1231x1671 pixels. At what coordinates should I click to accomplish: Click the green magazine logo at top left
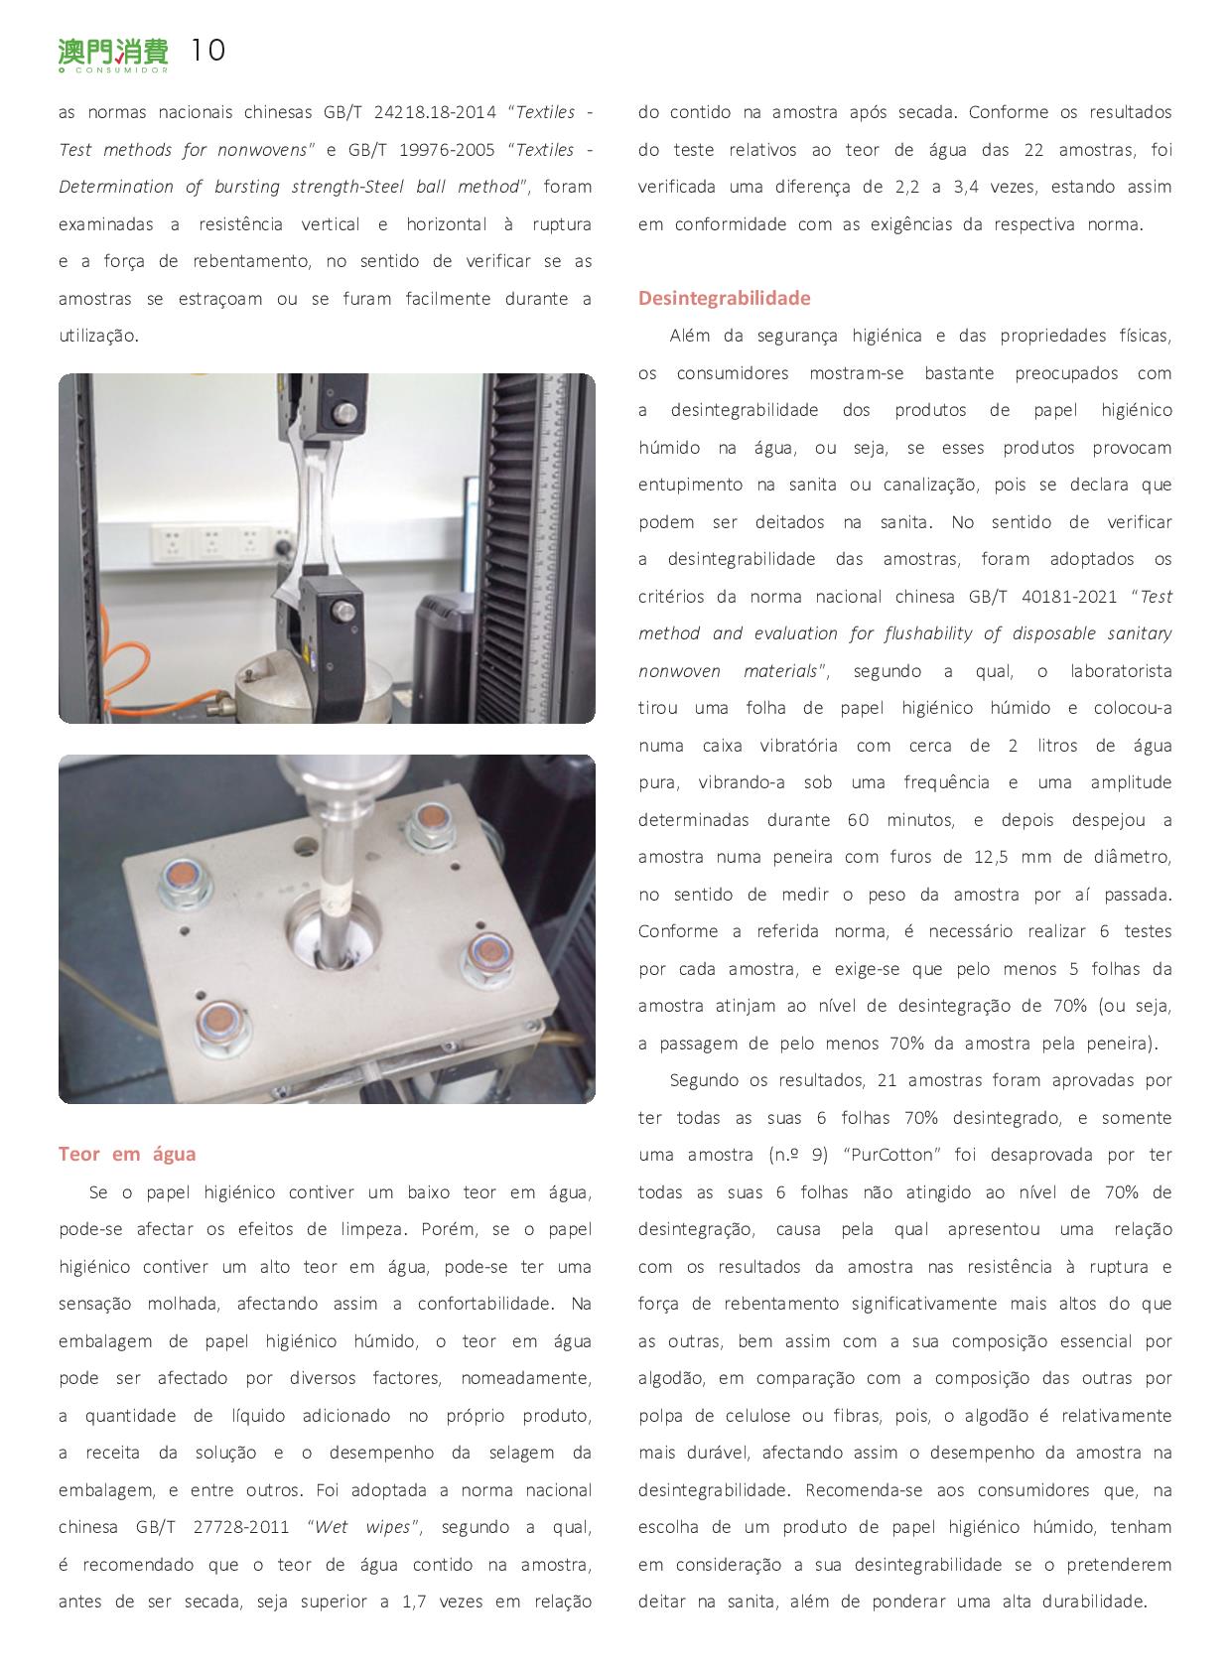click(112, 54)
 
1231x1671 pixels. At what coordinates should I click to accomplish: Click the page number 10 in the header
click(207, 51)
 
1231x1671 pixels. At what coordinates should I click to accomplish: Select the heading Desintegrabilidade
click(724, 298)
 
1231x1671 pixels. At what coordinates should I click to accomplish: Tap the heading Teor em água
click(127, 1154)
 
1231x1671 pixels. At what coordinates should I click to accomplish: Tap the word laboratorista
click(1120, 671)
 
